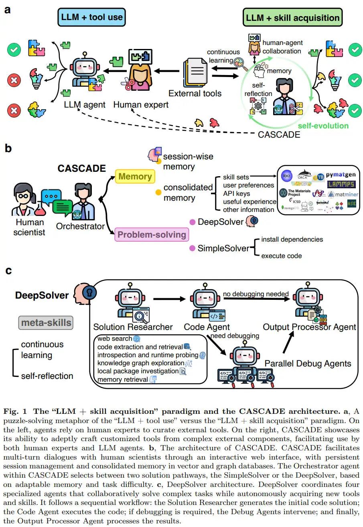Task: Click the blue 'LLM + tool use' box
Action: click(92, 18)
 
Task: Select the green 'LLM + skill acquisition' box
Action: click(292, 18)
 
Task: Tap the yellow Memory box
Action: click(135, 176)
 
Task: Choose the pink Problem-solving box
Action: click(151, 234)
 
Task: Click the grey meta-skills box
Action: click(46, 322)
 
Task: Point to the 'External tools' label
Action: click(195, 94)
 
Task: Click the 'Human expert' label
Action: click(141, 105)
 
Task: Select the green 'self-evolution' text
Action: click(323, 126)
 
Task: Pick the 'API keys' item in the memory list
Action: click(237, 193)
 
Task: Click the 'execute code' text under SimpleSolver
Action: click(282, 256)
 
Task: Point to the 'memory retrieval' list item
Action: click(123, 380)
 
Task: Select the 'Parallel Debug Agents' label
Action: click(308, 364)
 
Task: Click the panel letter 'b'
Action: click(8, 149)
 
